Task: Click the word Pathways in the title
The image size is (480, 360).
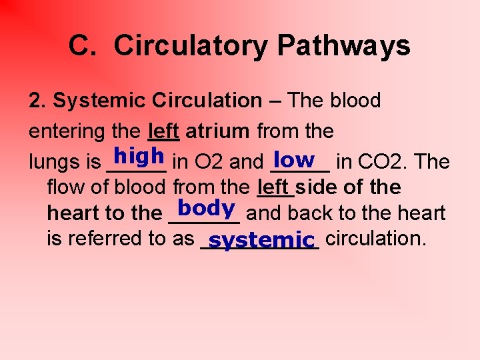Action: (x=343, y=47)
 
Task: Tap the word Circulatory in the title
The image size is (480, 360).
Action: (x=191, y=47)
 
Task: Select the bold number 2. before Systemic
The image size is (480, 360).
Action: (x=38, y=101)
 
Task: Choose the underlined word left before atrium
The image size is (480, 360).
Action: (x=163, y=131)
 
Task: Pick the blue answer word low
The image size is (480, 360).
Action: (x=294, y=159)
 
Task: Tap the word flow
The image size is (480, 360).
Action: (x=65, y=187)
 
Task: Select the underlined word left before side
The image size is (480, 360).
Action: (x=273, y=187)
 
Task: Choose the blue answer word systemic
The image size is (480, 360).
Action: (x=261, y=239)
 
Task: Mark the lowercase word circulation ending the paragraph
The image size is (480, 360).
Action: (x=376, y=238)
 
